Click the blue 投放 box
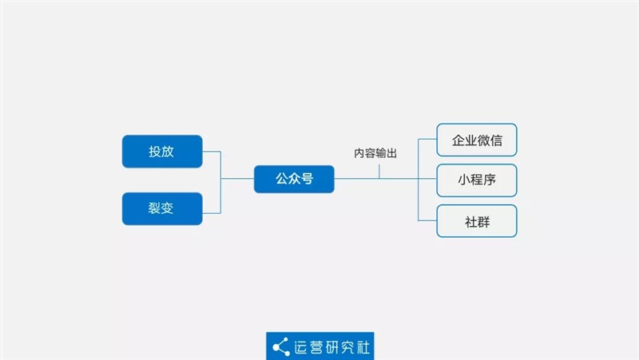(x=162, y=152)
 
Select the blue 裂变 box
(x=162, y=208)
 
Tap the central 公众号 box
(x=294, y=179)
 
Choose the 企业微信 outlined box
(x=477, y=140)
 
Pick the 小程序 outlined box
(x=477, y=180)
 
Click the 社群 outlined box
(x=477, y=221)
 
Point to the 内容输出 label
(x=375, y=153)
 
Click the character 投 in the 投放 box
(x=155, y=152)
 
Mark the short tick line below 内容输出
(x=380, y=170)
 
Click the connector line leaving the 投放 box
(x=212, y=152)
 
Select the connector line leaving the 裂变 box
(x=212, y=213)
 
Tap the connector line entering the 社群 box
(x=427, y=221)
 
